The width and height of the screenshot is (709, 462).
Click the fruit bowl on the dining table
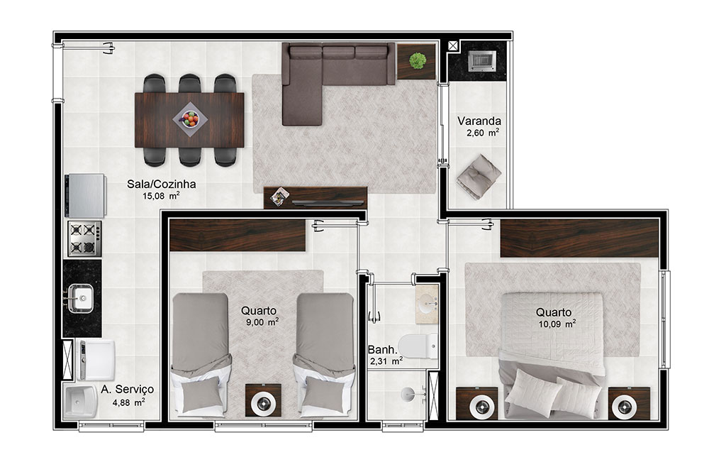pos(190,119)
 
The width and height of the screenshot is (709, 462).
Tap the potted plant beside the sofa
pos(418,60)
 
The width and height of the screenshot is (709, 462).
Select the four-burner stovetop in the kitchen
pos(84,238)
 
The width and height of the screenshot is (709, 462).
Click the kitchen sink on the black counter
pos(81,298)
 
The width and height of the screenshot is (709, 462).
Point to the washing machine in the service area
pos(96,360)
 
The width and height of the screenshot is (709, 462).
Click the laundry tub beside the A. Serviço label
pos(81,402)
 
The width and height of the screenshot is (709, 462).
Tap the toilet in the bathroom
pos(418,346)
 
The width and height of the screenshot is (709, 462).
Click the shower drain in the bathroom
pos(406,394)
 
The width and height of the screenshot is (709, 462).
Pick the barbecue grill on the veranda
pos(481,60)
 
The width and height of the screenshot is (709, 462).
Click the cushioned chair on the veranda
pos(479,177)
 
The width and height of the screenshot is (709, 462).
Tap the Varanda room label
pos(479,121)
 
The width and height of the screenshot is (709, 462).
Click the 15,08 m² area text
pos(161,196)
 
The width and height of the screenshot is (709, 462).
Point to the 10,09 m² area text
pos(557,324)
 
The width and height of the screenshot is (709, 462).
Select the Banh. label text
pos(383,350)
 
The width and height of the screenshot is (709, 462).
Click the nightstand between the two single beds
pos(263,400)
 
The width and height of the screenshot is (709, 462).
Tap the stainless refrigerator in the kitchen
pos(86,195)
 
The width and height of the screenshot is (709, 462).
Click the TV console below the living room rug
pos(316,198)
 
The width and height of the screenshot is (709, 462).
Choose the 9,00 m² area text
pos(262,322)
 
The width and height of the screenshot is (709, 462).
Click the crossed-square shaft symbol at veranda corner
pos(452,45)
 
